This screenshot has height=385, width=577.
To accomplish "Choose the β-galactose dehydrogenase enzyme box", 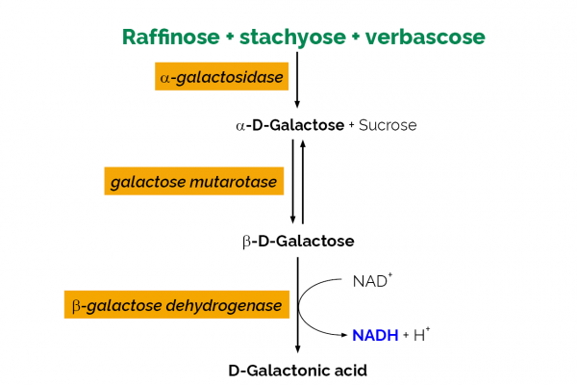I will tap(176, 305).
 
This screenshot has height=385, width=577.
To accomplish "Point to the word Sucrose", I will tap(387, 125).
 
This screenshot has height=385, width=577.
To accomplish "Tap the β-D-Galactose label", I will tap(297, 239).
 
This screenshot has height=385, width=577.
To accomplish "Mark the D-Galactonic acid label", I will tap(297, 369).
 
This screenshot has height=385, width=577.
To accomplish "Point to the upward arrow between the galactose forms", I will tap(304, 181).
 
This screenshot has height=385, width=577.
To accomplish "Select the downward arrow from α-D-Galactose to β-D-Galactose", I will tap(292, 181).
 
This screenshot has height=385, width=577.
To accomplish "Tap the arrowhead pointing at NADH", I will tap(341, 334).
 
